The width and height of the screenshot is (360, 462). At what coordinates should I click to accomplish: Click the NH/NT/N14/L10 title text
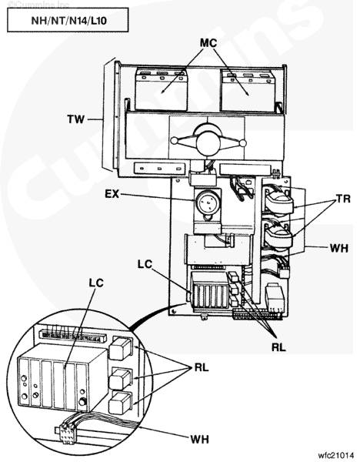(68, 21)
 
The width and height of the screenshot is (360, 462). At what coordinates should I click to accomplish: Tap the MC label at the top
(208, 43)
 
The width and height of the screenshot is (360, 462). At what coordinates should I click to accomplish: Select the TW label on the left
(76, 119)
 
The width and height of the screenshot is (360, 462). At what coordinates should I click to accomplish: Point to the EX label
(112, 194)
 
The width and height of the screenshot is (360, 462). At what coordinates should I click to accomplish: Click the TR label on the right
(344, 199)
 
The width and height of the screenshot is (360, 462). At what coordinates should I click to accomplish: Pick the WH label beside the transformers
(339, 248)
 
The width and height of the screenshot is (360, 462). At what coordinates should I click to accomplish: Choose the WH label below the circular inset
(199, 440)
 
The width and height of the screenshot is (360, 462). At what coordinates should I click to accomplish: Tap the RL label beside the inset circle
(202, 367)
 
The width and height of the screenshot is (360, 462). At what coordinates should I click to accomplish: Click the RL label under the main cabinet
(278, 347)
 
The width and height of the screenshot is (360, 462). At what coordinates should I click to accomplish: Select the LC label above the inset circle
(96, 283)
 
